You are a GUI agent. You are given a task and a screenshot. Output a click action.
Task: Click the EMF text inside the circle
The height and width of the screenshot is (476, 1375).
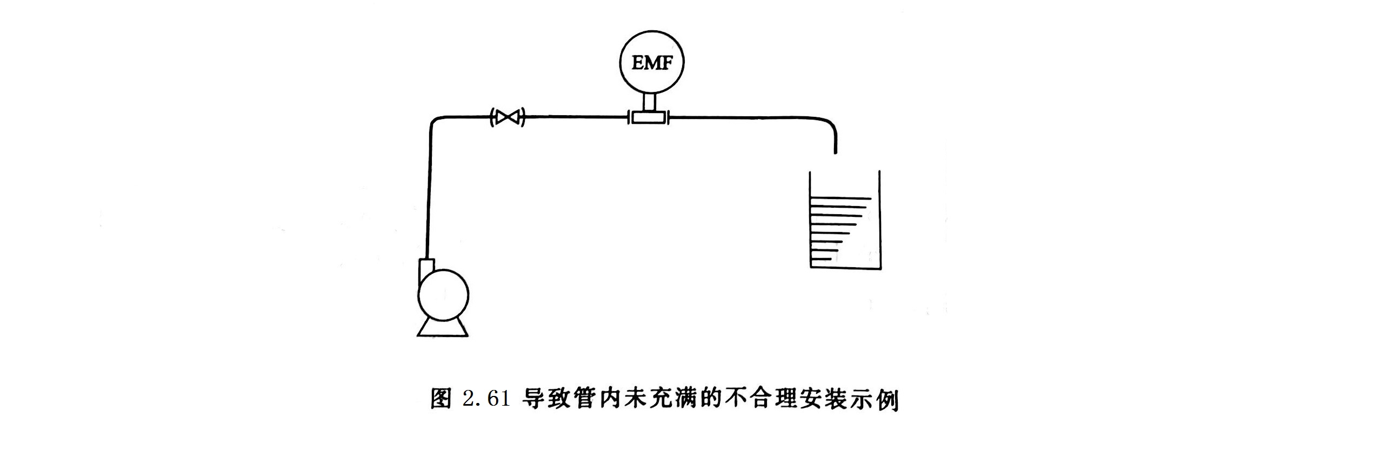(x=652, y=63)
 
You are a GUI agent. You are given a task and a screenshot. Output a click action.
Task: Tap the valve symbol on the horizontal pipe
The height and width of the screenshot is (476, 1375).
(x=508, y=117)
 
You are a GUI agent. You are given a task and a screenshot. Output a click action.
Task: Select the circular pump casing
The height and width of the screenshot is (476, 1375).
(x=443, y=295)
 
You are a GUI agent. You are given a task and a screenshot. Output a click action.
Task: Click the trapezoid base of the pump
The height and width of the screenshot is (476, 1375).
(x=443, y=328)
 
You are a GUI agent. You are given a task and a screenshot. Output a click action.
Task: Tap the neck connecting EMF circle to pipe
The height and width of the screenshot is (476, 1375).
(x=649, y=101)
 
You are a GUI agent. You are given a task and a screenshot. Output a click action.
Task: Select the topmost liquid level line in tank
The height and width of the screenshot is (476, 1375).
(x=840, y=199)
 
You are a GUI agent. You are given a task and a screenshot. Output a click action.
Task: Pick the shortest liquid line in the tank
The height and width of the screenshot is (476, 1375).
(x=820, y=259)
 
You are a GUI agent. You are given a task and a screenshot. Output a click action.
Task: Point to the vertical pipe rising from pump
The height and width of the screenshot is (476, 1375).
(x=429, y=195)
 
